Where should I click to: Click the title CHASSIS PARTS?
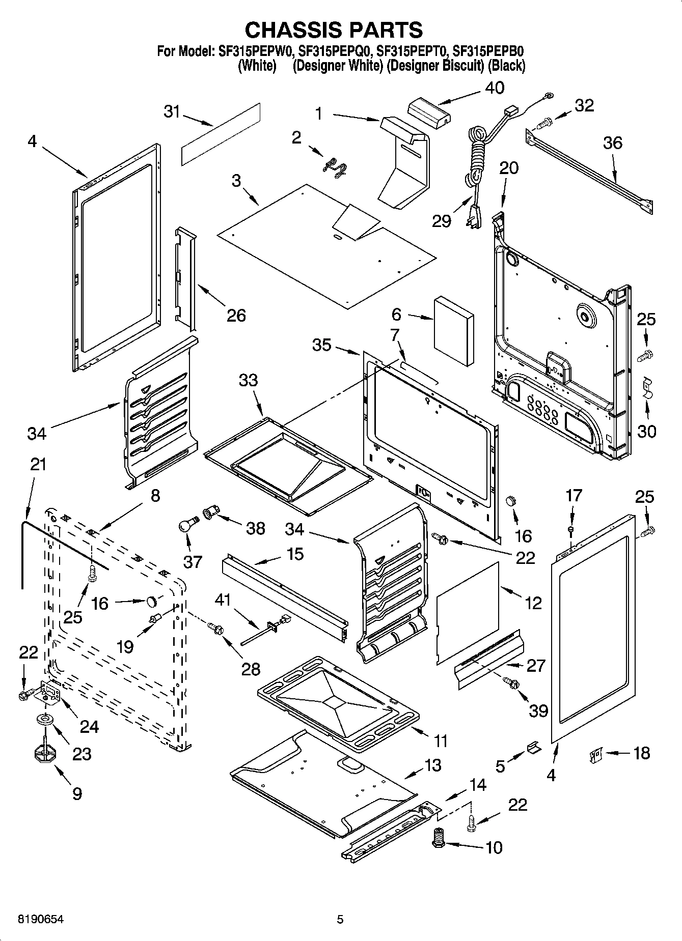(x=334, y=30)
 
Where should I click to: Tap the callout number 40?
(x=494, y=88)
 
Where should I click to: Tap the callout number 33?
(x=248, y=380)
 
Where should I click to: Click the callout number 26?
(x=236, y=316)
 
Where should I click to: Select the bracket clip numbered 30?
(x=646, y=388)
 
